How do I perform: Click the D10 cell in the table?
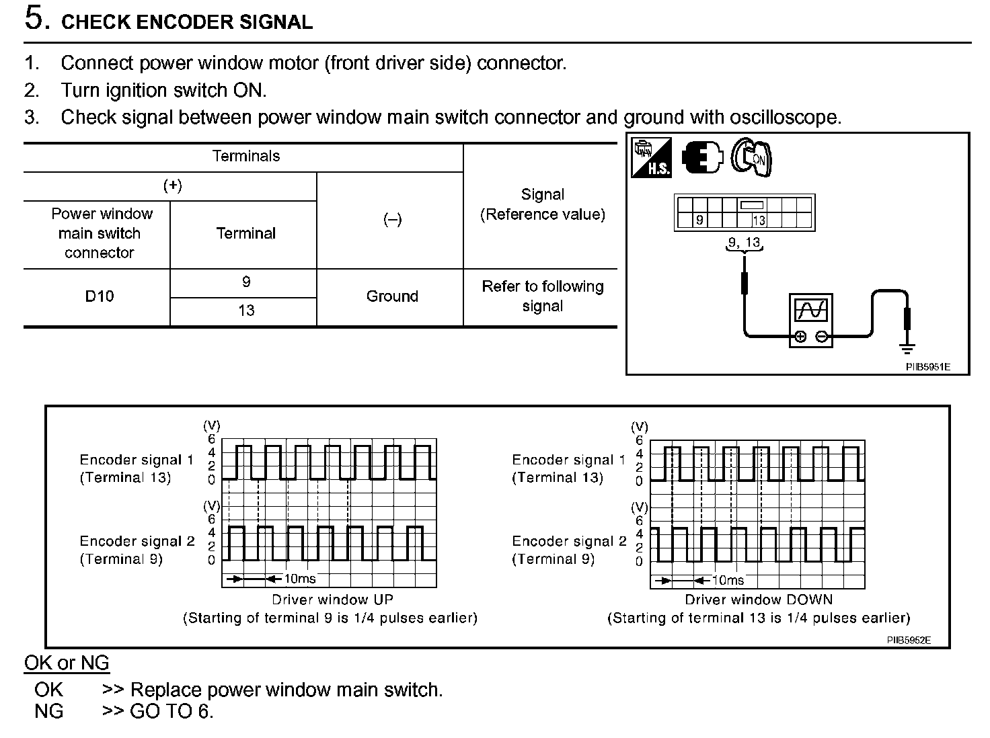click(99, 296)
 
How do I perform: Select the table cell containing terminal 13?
click(246, 311)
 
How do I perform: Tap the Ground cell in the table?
click(392, 296)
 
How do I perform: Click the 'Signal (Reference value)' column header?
click(542, 204)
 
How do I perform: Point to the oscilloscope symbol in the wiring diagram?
click(810, 320)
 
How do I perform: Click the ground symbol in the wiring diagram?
click(907, 348)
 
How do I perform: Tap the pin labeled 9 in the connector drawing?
click(699, 220)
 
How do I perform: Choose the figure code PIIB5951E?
click(927, 367)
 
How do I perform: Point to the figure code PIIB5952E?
click(909, 641)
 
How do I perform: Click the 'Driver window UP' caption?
click(332, 600)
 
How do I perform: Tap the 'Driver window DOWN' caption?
click(759, 600)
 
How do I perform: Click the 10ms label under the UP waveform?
click(299, 579)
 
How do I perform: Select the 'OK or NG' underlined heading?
click(67, 663)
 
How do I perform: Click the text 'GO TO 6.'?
click(172, 711)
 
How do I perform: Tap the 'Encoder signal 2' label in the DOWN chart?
click(569, 542)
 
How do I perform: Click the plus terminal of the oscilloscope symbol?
click(800, 337)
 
